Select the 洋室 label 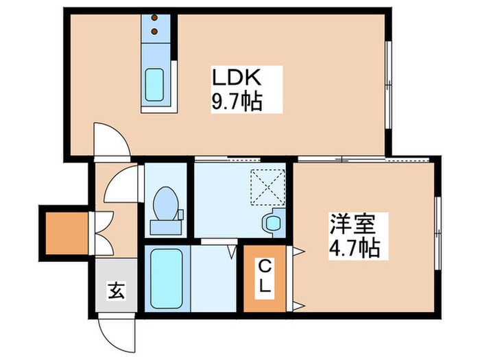pos(350,224)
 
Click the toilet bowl pos(165,204)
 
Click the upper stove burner pos(154,19)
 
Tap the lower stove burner pos(154,31)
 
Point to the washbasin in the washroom pos(272,222)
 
